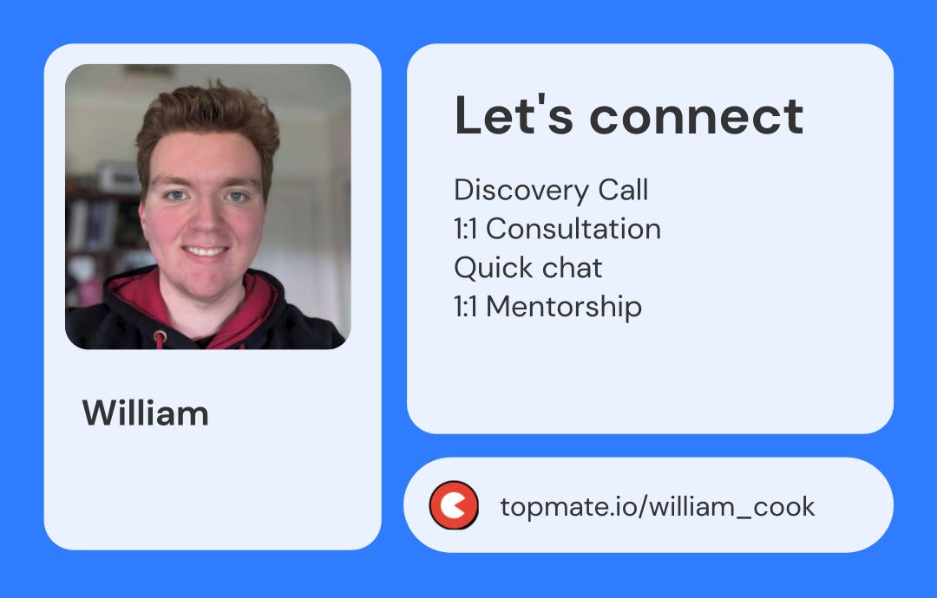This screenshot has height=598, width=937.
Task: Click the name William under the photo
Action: coord(146,413)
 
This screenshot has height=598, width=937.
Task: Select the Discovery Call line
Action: coord(551,190)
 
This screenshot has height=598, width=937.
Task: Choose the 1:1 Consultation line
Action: coord(557,229)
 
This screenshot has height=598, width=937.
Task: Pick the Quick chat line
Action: coord(527,268)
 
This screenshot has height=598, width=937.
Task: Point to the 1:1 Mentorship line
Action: coord(547,306)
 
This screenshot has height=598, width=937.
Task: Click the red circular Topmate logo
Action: coord(454,505)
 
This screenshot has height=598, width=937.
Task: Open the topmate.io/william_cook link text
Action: coord(658,506)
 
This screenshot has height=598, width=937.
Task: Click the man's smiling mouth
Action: coord(206,252)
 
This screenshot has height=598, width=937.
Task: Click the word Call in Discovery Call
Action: coord(622,190)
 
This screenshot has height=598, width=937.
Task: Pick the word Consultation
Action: coord(573,229)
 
